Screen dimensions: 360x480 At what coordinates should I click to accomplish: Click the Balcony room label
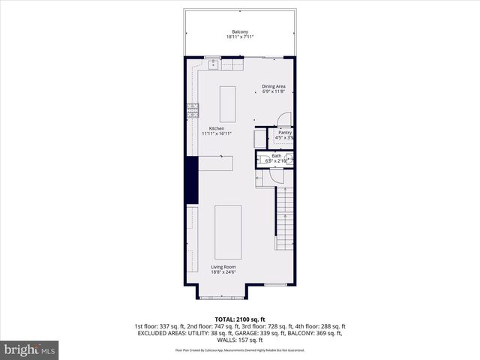(240, 31)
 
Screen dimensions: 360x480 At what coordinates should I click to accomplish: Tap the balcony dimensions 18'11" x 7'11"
(240, 37)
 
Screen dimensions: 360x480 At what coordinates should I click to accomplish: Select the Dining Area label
(273, 86)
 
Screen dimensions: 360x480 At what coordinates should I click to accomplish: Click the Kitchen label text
(217, 128)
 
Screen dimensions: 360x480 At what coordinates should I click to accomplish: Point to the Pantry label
(284, 133)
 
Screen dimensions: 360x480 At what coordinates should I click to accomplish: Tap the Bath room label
(277, 156)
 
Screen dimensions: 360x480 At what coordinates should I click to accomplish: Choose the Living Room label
(223, 266)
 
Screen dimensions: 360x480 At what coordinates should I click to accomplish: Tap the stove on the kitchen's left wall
(192, 110)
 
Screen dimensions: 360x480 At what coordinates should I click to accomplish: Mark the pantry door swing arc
(283, 118)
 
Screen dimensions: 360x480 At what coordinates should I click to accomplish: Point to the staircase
(284, 217)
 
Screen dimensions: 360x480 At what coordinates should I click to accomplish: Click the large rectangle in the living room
(228, 232)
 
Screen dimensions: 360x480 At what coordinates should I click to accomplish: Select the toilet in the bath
(288, 158)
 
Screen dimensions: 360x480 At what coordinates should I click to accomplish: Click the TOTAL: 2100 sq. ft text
(240, 319)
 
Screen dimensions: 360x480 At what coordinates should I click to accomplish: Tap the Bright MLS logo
(30, 350)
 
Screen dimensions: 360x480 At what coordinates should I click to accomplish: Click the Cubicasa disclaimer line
(240, 349)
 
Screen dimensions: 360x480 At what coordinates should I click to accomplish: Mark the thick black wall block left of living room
(191, 179)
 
